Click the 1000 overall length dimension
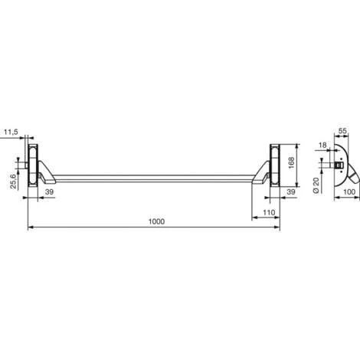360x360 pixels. [x=156, y=221]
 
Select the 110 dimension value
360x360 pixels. [x=269, y=212]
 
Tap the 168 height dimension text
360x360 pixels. [x=291, y=162]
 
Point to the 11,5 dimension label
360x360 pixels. [x=11, y=133]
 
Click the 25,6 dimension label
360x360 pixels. [x=13, y=182]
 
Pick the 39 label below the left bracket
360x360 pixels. [x=49, y=191]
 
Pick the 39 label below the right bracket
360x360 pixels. [x=291, y=191]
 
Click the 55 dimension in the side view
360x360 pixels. [x=342, y=131]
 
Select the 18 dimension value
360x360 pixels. [x=322, y=145]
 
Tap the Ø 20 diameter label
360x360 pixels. [x=316, y=185]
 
